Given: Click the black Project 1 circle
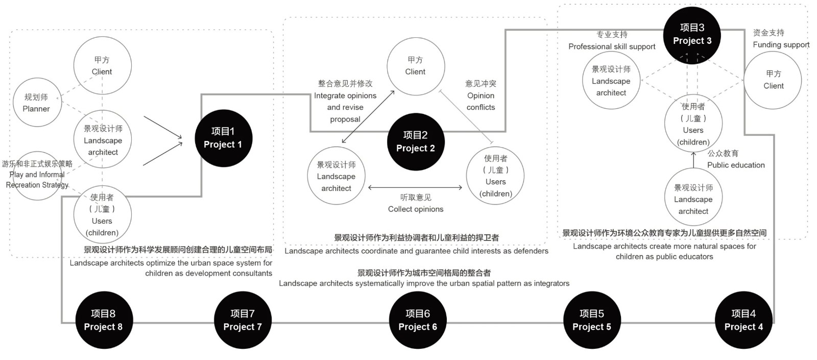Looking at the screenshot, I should pyautogui.click(x=223, y=138).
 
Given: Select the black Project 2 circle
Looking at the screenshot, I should pyautogui.click(x=416, y=142).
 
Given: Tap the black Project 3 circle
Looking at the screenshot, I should pyautogui.click(x=692, y=34).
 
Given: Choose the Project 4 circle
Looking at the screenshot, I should pyautogui.click(x=743, y=320).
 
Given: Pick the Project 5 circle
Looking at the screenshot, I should pyautogui.click(x=592, y=320).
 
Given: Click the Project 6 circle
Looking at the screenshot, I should pyautogui.click(x=418, y=320).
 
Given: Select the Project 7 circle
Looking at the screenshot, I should pyautogui.click(x=243, y=320).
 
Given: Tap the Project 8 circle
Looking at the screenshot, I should pyautogui.click(x=103, y=320).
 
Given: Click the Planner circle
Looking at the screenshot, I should pyautogui.click(x=37, y=103).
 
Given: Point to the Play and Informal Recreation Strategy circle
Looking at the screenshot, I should pyautogui.click(x=37, y=175).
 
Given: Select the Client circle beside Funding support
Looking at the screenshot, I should pyautogui.click(x=773, y=80).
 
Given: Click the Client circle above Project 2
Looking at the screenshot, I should pyautogui.click(x=416, y=66).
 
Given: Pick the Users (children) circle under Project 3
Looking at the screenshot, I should pyautogui.click(x=693, y=124).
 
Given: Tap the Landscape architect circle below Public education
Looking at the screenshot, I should pyautogui.click(x=693, y=199).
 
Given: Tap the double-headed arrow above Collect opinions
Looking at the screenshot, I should pyautogui.click(x=415, y=187).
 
